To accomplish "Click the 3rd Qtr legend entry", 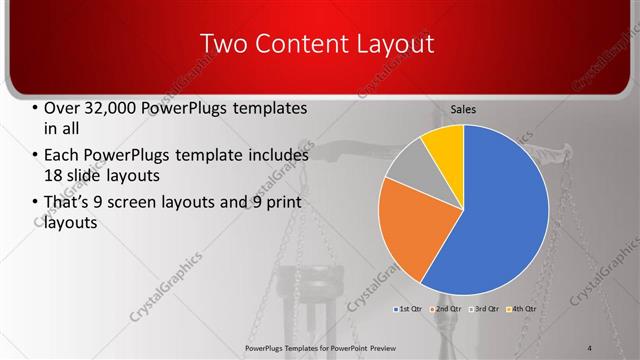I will pyautogui.click(x=484, y=308).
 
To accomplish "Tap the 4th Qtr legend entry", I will pyautogui.click(x=521, y=308).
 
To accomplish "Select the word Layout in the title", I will pyautogui.click(x=402, y=43).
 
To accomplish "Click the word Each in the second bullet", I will pyautogui.click(x=62, y=156).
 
